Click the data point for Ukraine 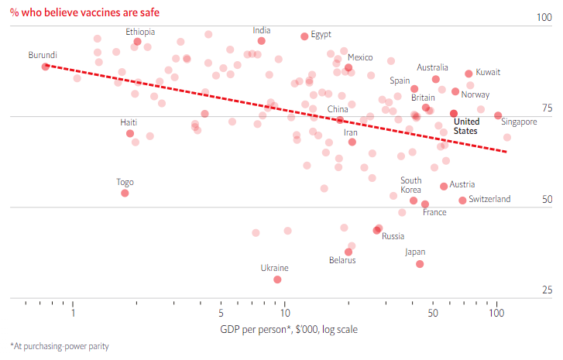(x=277, y=279)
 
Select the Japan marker (x=420, y=264)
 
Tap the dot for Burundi (x=46, y=67)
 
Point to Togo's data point (x=125, y=193)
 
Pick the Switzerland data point (x=462, y=201)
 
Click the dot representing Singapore (x=498, y=116)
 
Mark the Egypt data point (x=304, y=36)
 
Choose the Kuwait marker (x=469, y=74)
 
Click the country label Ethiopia (x=140, y=32)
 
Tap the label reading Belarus (x=342, y=261)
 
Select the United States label (x=465, y=126)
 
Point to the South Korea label (x=410, y=185)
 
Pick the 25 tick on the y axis (x=546, y=290)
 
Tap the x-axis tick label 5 (x=221, y=314)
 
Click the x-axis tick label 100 (x=496, y=314)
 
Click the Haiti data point (x=130, y=133)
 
